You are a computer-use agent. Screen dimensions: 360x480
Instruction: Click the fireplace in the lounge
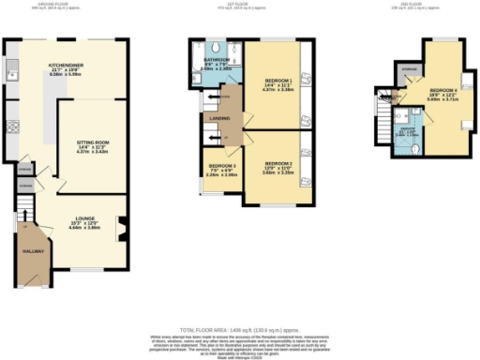120,226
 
